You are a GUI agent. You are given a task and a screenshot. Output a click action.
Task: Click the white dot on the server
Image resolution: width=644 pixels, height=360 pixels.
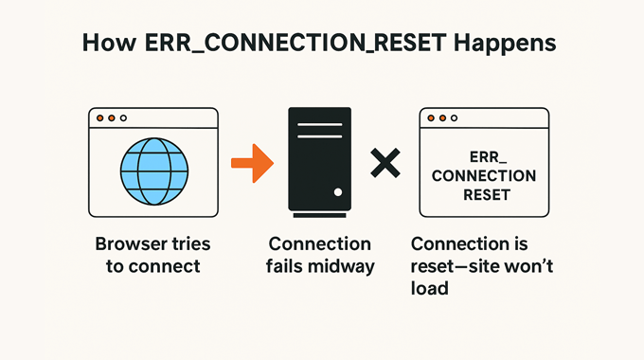tap(336, 191)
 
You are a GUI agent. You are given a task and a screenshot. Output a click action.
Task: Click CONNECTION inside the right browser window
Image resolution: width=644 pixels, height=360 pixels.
tap(484, 176)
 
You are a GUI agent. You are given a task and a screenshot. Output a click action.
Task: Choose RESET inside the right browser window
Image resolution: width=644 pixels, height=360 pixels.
tap(484, 195)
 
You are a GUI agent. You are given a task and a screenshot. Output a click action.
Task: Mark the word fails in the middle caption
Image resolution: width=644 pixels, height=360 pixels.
tap(288, 266)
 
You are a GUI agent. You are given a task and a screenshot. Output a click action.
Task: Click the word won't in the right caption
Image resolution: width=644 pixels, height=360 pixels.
tap(530, 266)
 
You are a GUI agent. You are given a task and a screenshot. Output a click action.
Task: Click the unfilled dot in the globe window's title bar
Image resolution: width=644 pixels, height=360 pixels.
tap(122, 118)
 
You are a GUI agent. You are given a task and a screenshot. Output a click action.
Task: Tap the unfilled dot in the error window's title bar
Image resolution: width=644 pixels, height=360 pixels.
tap(453, 118)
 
